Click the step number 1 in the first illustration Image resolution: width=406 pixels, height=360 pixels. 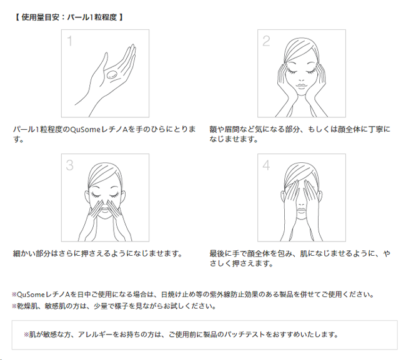(x=69, y=41)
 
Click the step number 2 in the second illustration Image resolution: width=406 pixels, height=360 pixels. (x=266, y=41)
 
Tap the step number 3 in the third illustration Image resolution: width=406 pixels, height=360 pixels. (x=70, y=165)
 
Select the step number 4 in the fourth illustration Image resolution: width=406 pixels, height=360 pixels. (x=267, y=165)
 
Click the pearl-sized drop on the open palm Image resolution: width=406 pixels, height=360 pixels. (x=112, y=75)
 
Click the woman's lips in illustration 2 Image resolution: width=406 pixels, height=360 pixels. (x=301, y=85)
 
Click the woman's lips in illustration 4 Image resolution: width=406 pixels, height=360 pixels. (x=302, y=210)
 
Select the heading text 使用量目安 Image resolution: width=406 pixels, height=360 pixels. (x=41, y=17)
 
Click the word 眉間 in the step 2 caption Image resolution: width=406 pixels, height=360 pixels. (x=232, y=129)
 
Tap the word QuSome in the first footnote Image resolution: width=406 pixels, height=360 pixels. (x=31, y=294)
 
